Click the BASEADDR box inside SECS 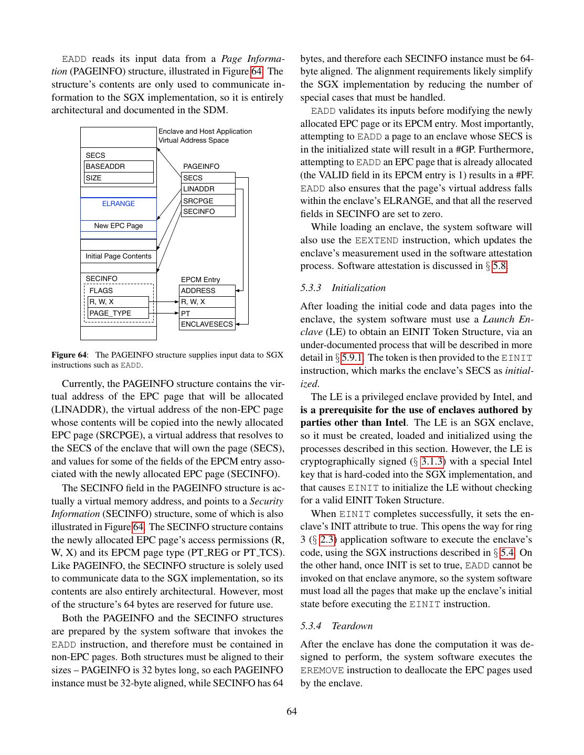(x=119, y=166)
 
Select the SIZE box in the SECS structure (x=119, y=178)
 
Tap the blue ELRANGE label (x=119, y=203)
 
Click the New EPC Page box (x=119, y=226)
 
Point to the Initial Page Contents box (x=119, y=256)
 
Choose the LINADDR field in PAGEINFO (x=208, y=189)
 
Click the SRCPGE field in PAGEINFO (x=208, y=201)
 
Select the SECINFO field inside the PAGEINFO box (x=208, y=211)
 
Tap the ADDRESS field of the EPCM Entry (x=207, y=290)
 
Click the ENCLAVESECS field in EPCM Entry (x=207, y=324)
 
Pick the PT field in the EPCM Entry (x=207, y=314)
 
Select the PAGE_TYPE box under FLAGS (x=119, y=313)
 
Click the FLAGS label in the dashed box (x=101, y=290)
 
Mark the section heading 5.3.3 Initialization (x=343, y=288)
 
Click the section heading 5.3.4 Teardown (x=336, y=626)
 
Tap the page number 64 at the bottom (x=292, y=711)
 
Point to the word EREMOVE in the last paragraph (x=322, y=670)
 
